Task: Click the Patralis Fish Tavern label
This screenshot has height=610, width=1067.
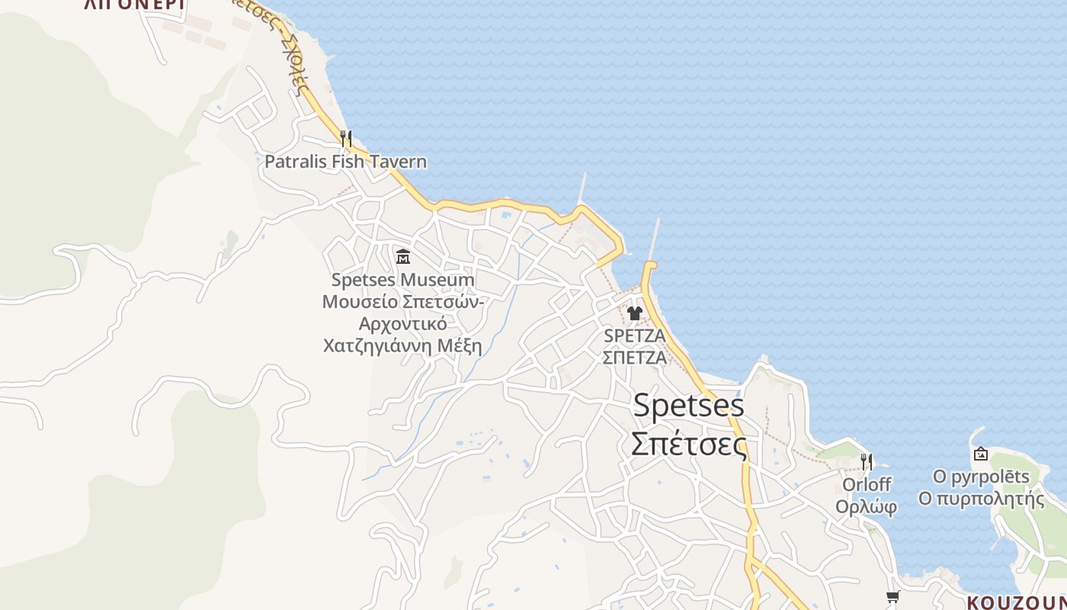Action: [x=345, y=162]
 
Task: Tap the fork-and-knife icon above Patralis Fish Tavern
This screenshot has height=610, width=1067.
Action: [x=346, y=138]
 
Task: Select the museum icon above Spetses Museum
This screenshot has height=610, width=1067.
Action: [x=403, y=256]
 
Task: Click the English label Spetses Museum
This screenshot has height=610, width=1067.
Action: [x=402, y=280]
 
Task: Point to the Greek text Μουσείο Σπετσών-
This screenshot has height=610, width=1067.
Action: [x=402, y=302]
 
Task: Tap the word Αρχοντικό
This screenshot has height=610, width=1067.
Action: [x=402, y=324]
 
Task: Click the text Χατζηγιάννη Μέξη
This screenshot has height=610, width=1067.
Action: [x=402, y=346]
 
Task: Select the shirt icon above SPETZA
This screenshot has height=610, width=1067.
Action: [x=634, y=313]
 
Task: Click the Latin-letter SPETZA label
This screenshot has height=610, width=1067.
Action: [x=634, y=335]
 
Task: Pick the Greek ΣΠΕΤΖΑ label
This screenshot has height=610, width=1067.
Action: [x=634, y=357]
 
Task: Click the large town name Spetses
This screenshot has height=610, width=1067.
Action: [x=688, y=406]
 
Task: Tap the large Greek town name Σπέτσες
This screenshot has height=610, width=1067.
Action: [x=688, y=444]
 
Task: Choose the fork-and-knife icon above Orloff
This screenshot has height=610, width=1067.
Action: [x=866, y=461]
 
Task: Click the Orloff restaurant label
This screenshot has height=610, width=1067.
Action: [x=866, y=485]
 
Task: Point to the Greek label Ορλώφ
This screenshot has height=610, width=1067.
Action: [x=866, y=507]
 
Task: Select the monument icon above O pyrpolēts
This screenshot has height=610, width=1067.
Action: [x=980, y=454]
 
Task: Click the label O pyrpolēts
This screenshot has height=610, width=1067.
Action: [x=981, y=477]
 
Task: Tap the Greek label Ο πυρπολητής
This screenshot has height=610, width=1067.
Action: [x=981, y=499]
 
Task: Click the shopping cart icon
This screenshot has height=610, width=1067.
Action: [x=892, y=596]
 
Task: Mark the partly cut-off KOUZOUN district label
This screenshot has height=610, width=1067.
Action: [x=1016, y=602]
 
